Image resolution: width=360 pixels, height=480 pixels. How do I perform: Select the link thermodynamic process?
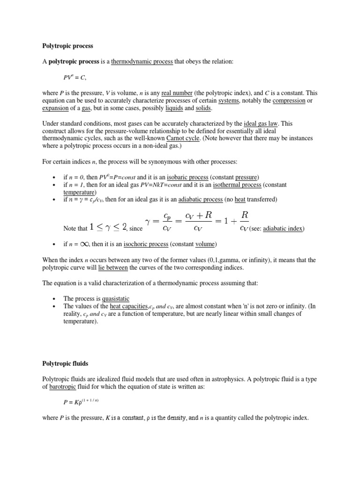[142, 61]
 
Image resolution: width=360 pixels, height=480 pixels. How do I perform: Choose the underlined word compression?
[289, 101]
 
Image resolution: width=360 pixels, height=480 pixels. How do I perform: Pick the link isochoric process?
[146, 244]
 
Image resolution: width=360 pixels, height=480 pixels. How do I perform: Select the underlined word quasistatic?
[110, 298]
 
